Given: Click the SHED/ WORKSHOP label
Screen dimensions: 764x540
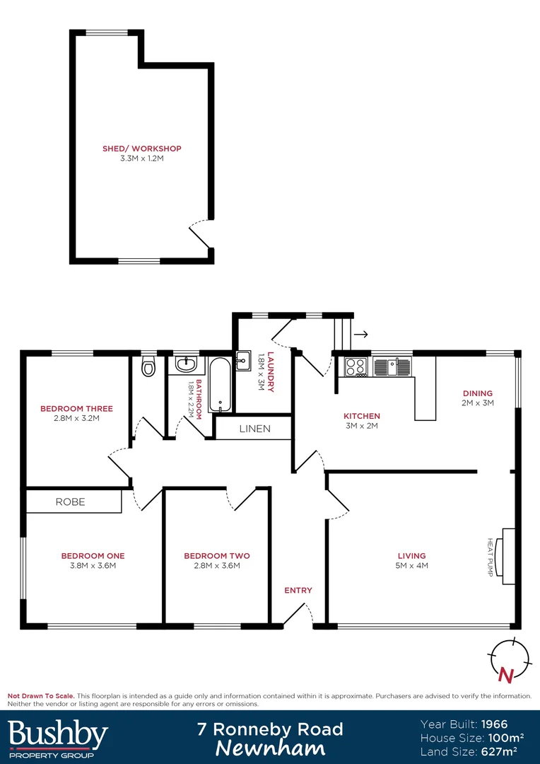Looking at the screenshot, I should tap(142, 149).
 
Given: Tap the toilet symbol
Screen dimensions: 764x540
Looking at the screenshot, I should tap(148, 367).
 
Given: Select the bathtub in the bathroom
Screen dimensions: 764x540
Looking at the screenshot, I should tap(219, 386).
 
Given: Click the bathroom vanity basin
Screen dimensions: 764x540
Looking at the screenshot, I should tap(186, 365).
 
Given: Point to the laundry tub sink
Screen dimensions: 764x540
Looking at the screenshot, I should tap(242, 361).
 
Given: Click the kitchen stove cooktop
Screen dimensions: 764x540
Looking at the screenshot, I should tap(356, 367).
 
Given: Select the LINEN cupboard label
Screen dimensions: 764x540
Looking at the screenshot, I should tap(254, 429).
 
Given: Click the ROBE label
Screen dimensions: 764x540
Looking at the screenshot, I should tap(70, 502).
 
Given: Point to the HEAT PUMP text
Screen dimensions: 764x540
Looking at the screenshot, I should tap(489, 557).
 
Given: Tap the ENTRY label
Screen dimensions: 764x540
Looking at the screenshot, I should tap(298, 590).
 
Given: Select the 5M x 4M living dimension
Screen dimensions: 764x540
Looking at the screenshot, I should tap(412, 565).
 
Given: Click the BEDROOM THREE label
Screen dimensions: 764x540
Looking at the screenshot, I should tap(76, 408).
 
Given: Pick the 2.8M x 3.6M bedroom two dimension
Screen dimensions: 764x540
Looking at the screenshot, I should tap(216, 565).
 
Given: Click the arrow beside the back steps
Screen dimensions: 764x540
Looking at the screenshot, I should tap(360, 334).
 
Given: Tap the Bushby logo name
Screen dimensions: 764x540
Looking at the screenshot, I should tap(57, 735).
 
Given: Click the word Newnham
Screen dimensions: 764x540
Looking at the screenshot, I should tap(270, 748).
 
